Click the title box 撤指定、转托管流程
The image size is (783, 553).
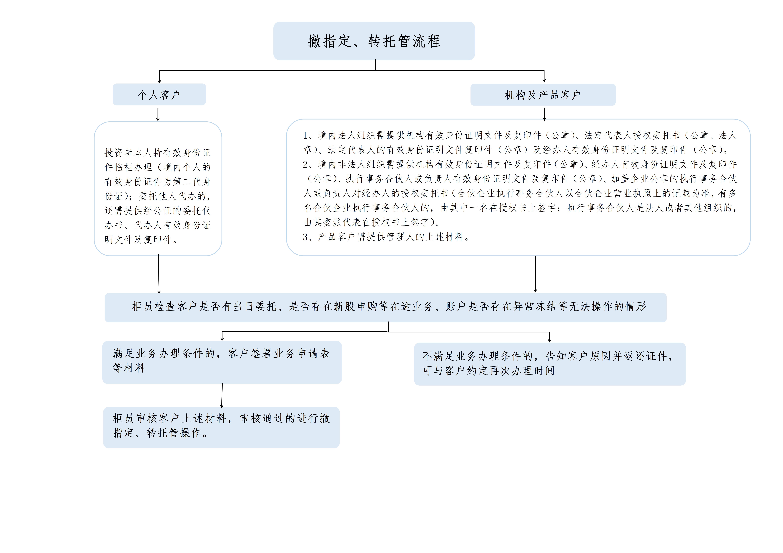click(374, 41)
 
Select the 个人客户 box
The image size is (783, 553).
click(159, 94)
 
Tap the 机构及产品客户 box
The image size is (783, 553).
click(543, 95)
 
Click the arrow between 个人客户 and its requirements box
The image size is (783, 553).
click(158, 115)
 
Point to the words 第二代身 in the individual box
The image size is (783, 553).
click(192, 182)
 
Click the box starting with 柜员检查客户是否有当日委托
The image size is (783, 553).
click(386, 307)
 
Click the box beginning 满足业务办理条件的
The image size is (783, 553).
click(222, 362)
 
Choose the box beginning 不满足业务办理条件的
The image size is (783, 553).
click(550, 364)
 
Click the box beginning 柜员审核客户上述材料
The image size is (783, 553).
click(221, 427)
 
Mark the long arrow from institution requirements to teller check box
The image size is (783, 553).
click(535, 274)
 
